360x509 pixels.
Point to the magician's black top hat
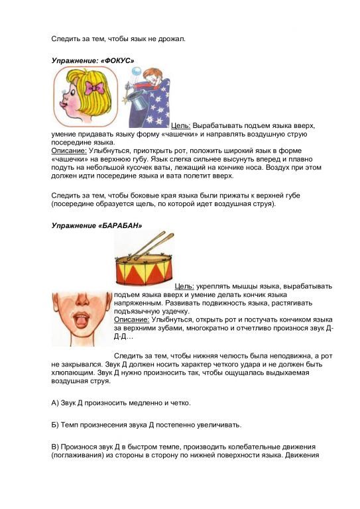point(139,99)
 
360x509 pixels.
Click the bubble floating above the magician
point(135,70)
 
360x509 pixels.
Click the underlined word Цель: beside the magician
point(181,125)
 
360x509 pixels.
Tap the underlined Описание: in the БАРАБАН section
point(131,319)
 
